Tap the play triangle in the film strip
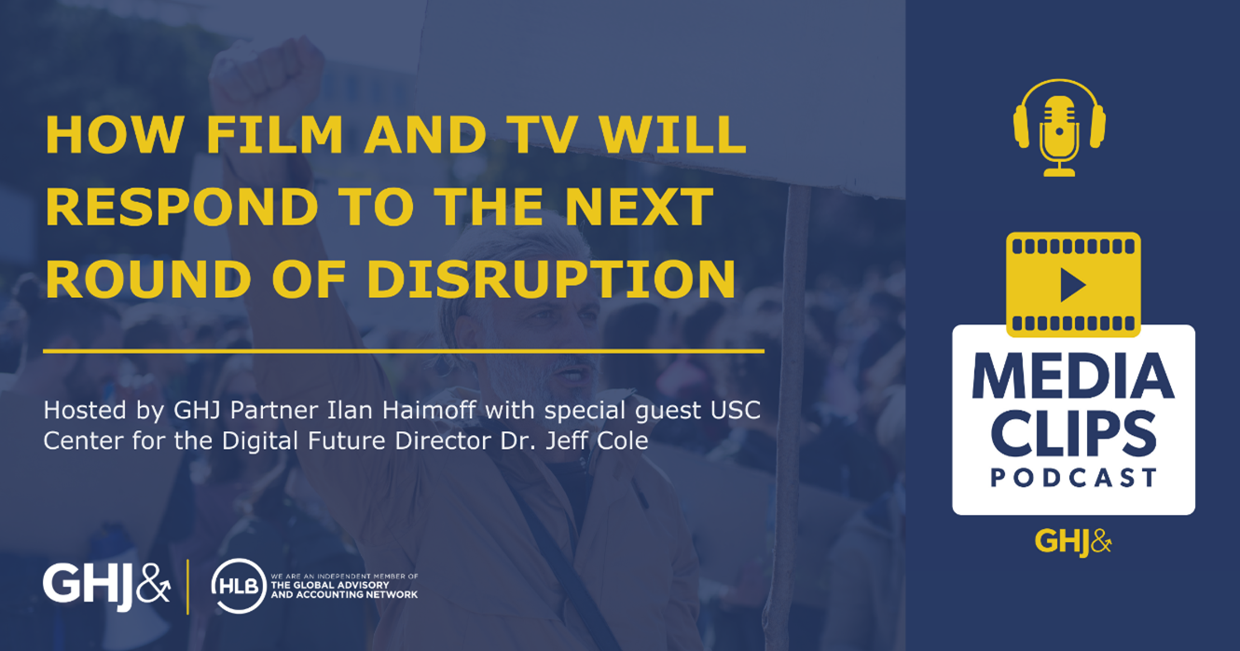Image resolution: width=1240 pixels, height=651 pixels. click(x=1072, y=285)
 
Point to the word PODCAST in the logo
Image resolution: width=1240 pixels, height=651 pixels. click(x=1073, y=479)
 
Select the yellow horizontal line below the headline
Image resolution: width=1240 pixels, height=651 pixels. click(x=403, y=351)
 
